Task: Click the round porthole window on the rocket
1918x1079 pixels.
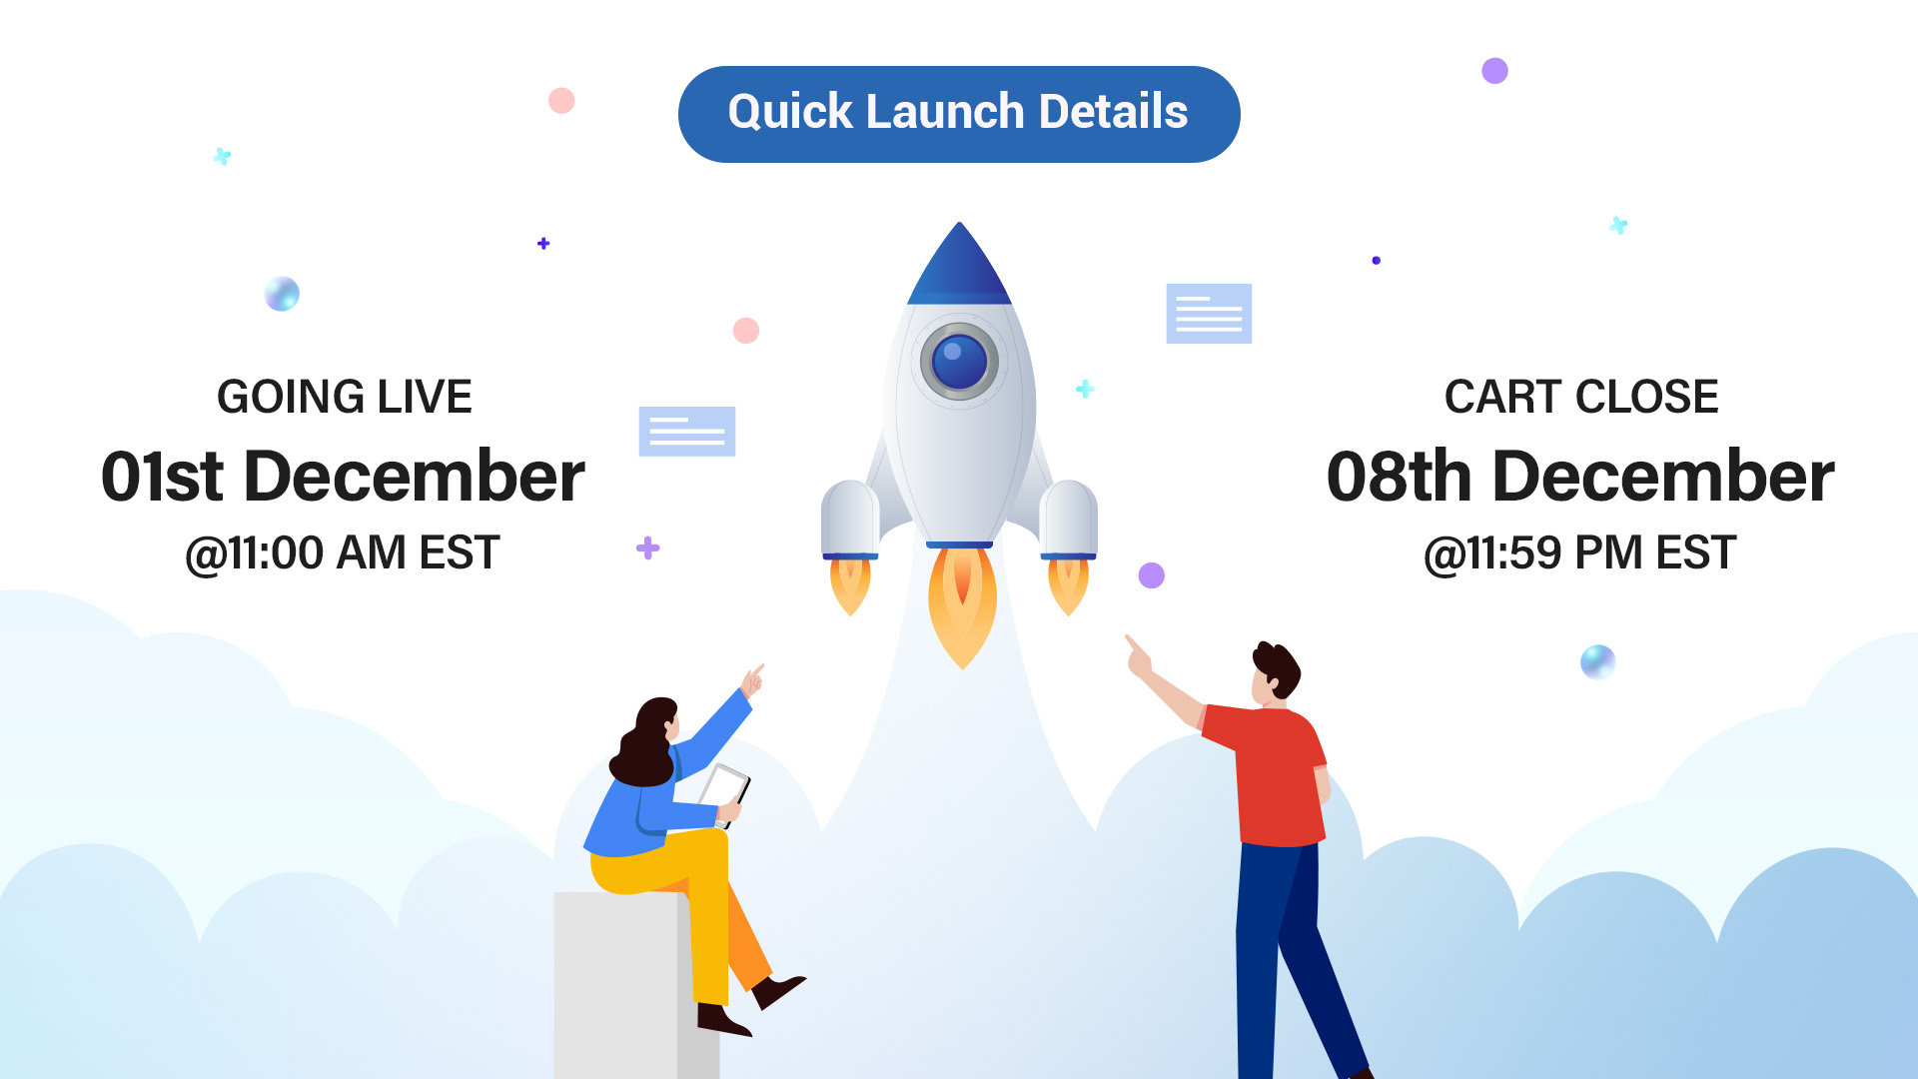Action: click(x=959, y=361)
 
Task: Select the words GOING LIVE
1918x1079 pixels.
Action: click(x=345, y=397)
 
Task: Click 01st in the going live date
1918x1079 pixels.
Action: click(x=162, y=476)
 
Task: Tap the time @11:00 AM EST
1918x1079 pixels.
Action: click(x=343, y=552)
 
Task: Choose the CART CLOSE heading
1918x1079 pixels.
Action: click(x=1581, y=397)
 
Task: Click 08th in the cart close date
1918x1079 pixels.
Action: click(x=1400, y=476)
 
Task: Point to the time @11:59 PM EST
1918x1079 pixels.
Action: click(x=1580, y=552)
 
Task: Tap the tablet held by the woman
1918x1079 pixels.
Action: click(x=725, y=793)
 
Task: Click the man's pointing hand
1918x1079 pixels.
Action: click(x=1138, y=657)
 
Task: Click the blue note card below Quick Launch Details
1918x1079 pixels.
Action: click(x=1209, y=314)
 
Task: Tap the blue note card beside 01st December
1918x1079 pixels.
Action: click(x=687, y=432)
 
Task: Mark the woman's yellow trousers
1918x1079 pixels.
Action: click(x=679, y=899)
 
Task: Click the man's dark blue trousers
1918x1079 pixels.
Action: click(x=1289, y=959)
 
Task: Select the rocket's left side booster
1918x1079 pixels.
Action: click(x=850, y=520)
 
